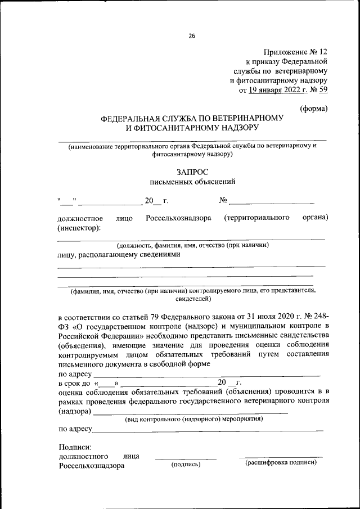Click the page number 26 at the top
pos(191,36)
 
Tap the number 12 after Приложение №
pos(322,51)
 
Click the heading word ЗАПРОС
pos(191,172)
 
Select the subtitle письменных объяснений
pos(191,182)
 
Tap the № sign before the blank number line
pos(223,201)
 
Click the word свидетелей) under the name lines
pos(192,300)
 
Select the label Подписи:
pos(74,447)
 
